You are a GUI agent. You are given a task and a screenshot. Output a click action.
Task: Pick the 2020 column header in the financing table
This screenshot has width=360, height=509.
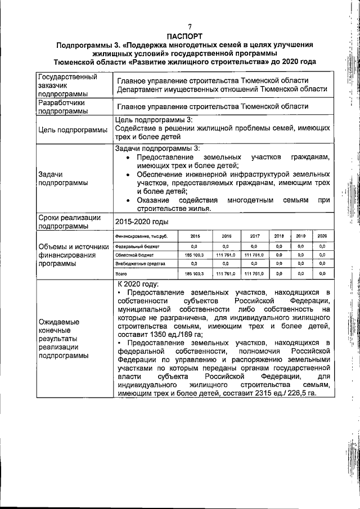pyautogui.click(x=322, y=236)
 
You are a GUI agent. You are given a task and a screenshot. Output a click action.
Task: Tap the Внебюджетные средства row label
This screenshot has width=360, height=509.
pyautogui.click(x=140, y=263)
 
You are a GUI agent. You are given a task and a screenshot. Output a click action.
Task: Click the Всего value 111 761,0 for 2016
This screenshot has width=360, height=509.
pyautogui.click(x=224, y=273)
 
